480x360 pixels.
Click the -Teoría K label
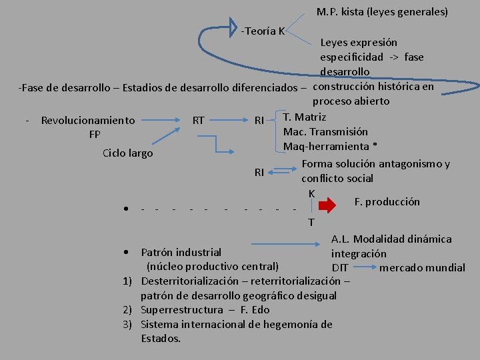coord(263,31)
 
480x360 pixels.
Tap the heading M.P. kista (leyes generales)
coord(382,12)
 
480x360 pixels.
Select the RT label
coord(198,121)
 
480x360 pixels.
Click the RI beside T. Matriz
coord(260,121)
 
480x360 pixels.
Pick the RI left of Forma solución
coord(260,173)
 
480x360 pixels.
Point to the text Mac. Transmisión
coord(325,131)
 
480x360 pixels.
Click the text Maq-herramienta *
coord(331,146)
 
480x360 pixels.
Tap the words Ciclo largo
coord(127,153)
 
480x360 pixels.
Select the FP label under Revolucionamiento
coord(95,134)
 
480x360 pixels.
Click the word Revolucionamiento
coord(88,121)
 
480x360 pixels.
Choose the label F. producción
coord(387,201)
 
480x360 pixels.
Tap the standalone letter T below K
coord(311,221)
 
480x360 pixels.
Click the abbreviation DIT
coord(340,267)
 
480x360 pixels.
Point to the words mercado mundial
coord(422,267)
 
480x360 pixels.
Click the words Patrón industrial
coord(181,252)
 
